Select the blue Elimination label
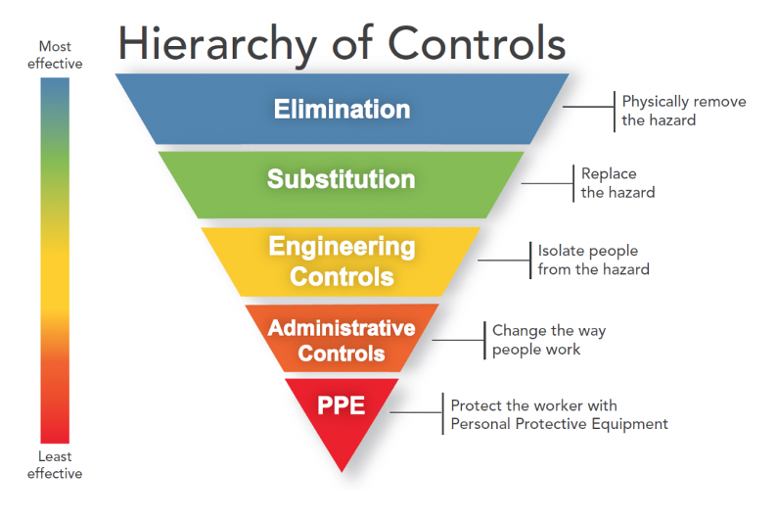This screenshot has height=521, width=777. (342, 109)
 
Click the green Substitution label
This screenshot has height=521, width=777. (342, 179)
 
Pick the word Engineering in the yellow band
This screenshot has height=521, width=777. (342, 247)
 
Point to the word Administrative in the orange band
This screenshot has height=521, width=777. (342, 327)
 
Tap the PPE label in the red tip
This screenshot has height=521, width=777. (342, 403)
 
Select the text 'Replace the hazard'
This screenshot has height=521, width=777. (617, 183)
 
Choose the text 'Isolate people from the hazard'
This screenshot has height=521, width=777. (593, 260)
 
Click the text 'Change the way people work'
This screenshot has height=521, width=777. (548, 340)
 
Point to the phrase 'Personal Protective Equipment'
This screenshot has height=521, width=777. (559, 424)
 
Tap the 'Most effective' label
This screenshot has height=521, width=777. (55, 55)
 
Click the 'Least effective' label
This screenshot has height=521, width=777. (55, 465)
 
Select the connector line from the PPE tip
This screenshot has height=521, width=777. (419, 412)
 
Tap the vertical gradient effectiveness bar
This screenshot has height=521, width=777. (55, 260)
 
